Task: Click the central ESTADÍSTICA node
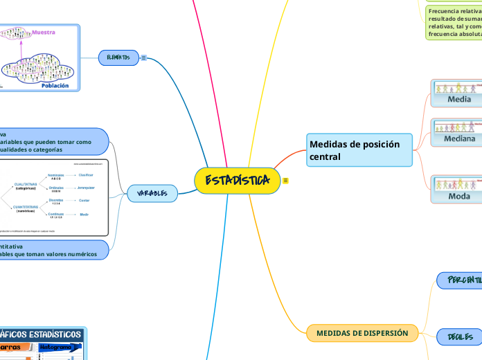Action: (x=237, y=181)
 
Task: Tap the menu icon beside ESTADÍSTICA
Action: (x=285, y=181)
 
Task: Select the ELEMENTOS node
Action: (x=118, y=57)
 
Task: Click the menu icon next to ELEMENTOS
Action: (x=143, y=57)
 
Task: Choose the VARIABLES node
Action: (x=152, y=193)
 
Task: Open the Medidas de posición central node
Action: (x=359, y=150)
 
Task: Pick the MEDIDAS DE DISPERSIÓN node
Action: (x=361, y=333)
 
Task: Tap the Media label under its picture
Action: (x=459, y=99)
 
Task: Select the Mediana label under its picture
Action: (x=459, y=138)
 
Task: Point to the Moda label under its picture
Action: (x=459, y=196)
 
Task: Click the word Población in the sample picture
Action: (x=55, y=86)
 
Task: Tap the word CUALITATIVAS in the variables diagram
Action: (x=26, y=185)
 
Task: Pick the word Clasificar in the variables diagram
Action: (x=85, y=175)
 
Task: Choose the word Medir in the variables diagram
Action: (x=84, y=215)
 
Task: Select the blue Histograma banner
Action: (x=54, y=346)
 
